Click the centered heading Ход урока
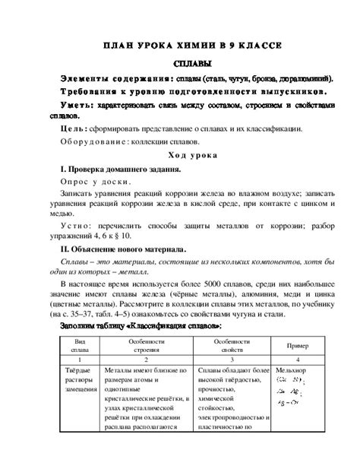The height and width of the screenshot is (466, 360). [x=191, y=154]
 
